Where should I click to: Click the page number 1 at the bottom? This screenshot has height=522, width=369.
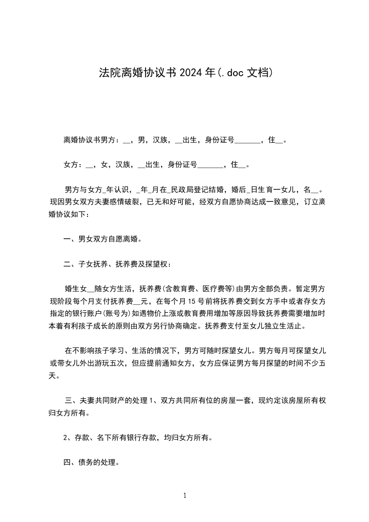(185, 495)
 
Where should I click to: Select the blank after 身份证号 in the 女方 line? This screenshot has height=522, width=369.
(211, 165)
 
